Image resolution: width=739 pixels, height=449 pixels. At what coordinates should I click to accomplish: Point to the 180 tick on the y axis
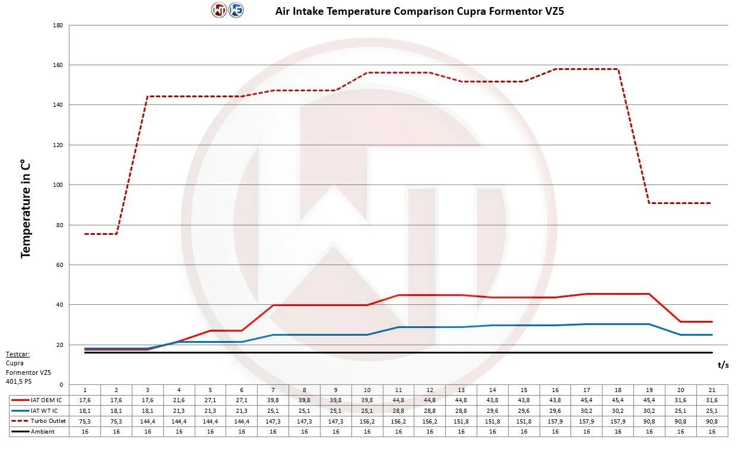[x=58, y=26]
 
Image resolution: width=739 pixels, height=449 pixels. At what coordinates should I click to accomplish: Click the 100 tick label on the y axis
[x=58, y=185]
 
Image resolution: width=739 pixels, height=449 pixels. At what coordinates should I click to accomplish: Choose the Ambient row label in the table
[x=43, y=431]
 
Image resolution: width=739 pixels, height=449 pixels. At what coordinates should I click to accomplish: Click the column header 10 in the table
[x=367, y=390]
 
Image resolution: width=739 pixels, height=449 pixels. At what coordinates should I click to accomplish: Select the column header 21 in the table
[x=712, y=390]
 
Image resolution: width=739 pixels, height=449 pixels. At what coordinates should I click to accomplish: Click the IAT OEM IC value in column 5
[x=210, y=400]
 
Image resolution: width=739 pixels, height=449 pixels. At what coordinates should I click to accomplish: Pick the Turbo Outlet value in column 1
[x=85, y=421]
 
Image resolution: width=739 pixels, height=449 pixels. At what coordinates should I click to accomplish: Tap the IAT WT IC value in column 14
[x=493, y=410]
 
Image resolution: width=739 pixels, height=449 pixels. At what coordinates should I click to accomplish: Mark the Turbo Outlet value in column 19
[x=649, y=421]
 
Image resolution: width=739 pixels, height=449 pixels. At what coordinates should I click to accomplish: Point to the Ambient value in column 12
[x=430, y=431]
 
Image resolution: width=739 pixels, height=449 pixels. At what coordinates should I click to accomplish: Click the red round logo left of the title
[x=218, y=10]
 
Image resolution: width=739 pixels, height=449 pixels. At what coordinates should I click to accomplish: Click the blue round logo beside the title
[x=236, y=10]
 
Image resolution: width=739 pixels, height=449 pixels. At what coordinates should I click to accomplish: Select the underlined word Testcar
[x=19, y=354]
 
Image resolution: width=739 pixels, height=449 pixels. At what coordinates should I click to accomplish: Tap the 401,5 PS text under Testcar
[x=20, y=381]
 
